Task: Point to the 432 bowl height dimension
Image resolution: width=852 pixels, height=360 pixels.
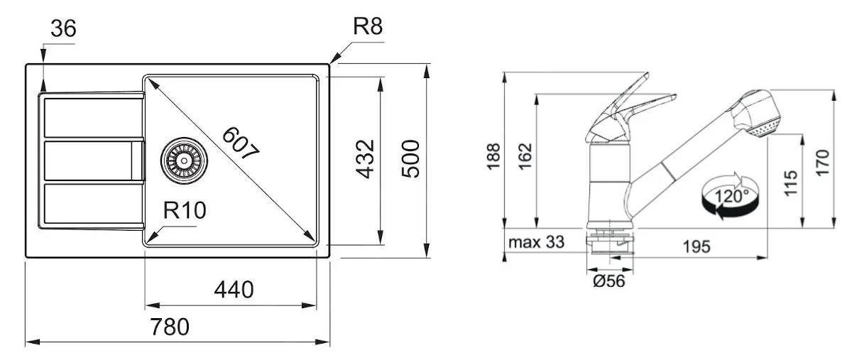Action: pos(364,159)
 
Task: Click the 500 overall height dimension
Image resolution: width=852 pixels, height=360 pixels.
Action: pos(411,159)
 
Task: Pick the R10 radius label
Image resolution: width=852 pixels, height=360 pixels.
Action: pos(185,211)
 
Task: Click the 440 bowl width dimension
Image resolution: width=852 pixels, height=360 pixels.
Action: pos(234,290)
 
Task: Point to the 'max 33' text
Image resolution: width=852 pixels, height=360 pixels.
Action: pos(537,242)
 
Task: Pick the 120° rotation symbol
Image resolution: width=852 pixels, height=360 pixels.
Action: pos(731,195)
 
